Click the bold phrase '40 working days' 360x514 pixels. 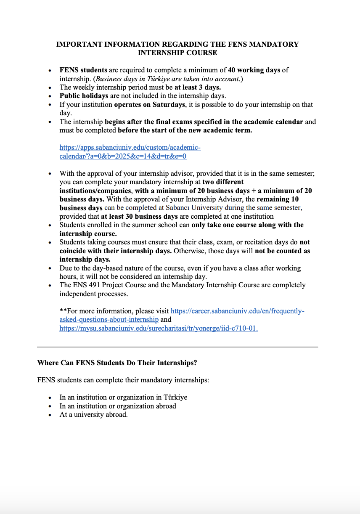(x=254, y=70)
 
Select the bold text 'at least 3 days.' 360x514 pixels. (x=198, y=87)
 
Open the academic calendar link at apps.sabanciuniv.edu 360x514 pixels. (x=130, y=148)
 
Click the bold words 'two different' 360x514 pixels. (x=223, y=182)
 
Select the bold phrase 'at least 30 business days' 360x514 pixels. (x=139, y=216)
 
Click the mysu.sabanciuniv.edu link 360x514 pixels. (x=159, y=329)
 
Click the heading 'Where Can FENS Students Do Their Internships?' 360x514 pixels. (x=117, y=363)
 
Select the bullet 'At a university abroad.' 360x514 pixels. (x=93, y=414)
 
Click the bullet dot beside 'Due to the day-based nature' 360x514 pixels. (x=50, y=268)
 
